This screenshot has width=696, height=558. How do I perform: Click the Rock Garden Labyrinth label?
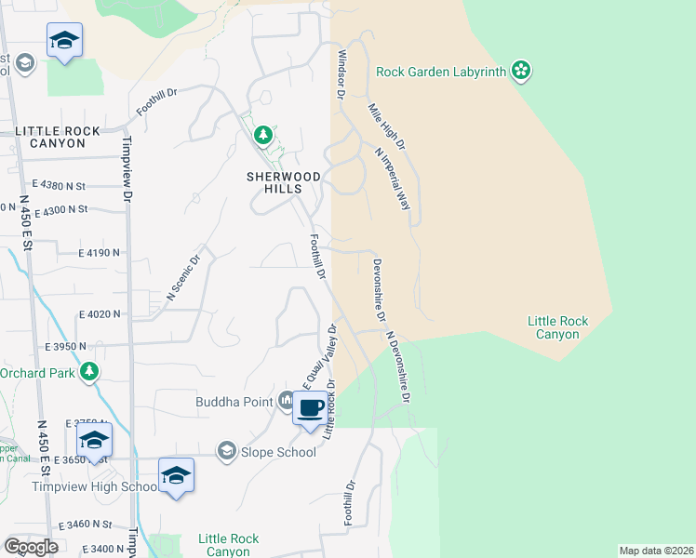pos(442,72)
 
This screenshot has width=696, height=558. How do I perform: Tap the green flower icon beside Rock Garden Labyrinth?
pos(521,70)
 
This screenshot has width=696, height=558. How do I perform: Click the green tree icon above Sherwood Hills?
pos(263,136)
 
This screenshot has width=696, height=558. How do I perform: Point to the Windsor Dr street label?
pos(341,75)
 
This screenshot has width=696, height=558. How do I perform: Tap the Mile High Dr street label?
pos(387,126)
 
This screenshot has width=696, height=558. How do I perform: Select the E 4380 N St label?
pos(59,185)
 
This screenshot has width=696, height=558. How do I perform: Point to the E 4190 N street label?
pos(100,252)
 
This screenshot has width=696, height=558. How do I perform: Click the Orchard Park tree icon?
pos(89,373)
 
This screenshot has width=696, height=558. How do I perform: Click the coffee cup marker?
pos(311,407)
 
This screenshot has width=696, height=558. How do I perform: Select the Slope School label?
pos(278,452)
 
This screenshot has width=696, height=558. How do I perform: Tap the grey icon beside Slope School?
pos(226,451)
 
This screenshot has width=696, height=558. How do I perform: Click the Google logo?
pos(32,547)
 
